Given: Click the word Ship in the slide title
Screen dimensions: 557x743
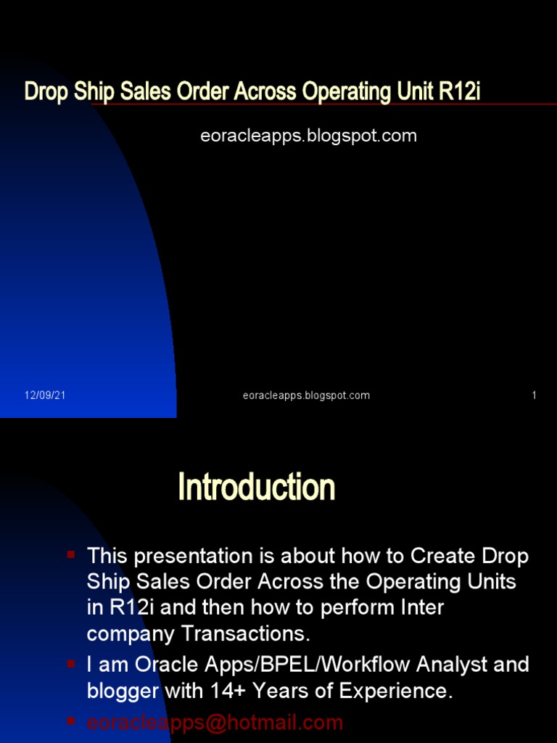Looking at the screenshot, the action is pyautogui.click(x=94, y=92).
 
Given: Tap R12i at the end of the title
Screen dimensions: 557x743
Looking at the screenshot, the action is pyautogui.click(x=459, y=91).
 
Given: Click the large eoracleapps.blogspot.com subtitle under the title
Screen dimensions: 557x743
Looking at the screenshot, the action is pyautogui.click(x=308, y=136).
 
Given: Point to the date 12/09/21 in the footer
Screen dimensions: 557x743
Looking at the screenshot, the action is pyautogui.click(x=45, y=395).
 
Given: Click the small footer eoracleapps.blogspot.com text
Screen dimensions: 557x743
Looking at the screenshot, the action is pyautogui.click(x=306, y=395).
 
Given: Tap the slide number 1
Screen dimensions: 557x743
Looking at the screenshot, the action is pyautogui.click(x=535, y=395).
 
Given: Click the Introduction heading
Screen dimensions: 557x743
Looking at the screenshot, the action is pyautogui.click(x=256, y=487).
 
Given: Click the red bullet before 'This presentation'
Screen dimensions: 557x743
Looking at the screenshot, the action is pyautogui.click(x=71, y=554).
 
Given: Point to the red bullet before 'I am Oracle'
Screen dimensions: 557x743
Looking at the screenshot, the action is pyautogui.click(x=71, y=663).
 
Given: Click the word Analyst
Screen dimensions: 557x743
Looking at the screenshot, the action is pyautogui.click(x=451, y=665).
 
